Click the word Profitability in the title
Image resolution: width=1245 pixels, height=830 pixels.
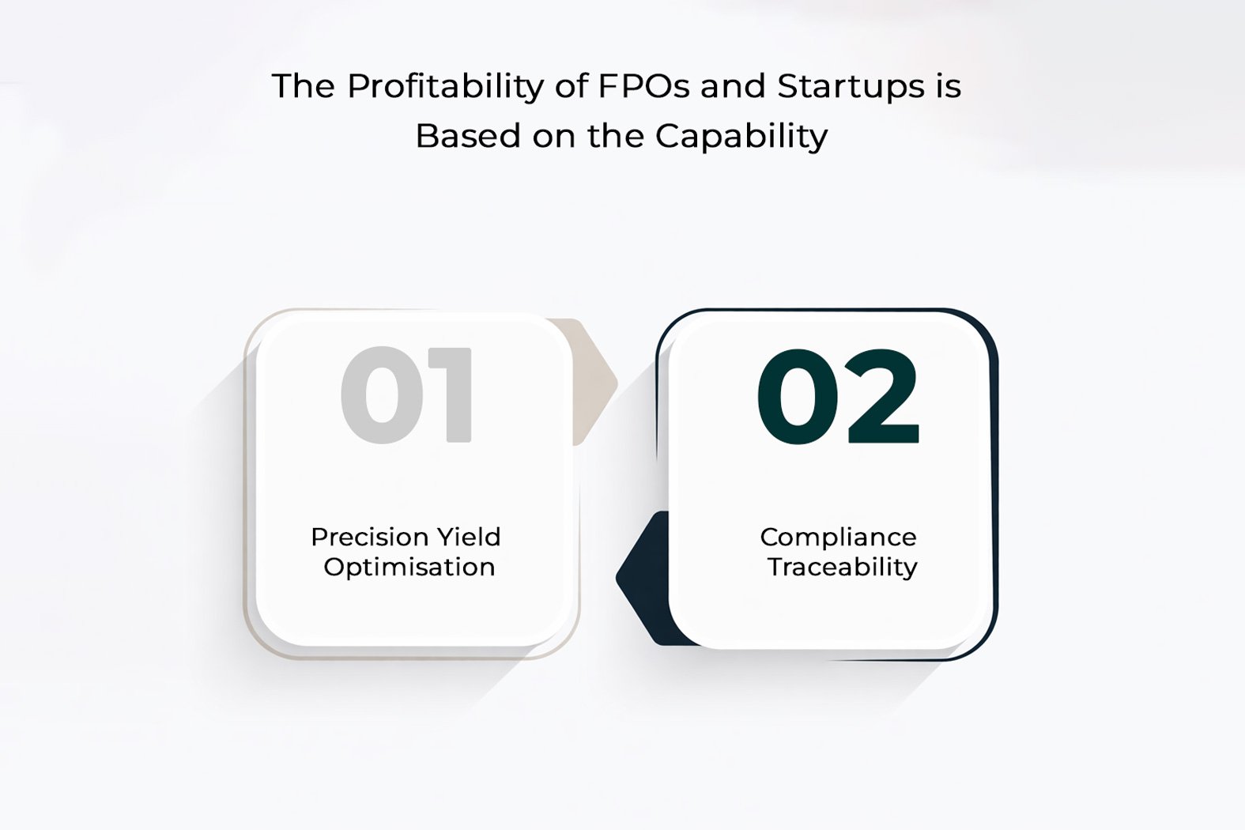(x=445, y=87)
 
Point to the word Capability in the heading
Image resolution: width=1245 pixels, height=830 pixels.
(x=741, y=137)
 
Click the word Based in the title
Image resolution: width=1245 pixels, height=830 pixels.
(x=468, y=136)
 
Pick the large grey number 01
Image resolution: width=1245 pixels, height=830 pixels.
(x=406, y=394)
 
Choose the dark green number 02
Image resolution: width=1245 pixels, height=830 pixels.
(x=838, y=396)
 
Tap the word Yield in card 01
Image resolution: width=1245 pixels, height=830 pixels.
(x=468, y=537)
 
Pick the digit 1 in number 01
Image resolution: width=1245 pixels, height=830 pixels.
(x=453, y=394)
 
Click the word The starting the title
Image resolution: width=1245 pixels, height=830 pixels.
(x=304, y=87)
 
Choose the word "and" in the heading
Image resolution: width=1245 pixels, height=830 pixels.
(x=733, y=87)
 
